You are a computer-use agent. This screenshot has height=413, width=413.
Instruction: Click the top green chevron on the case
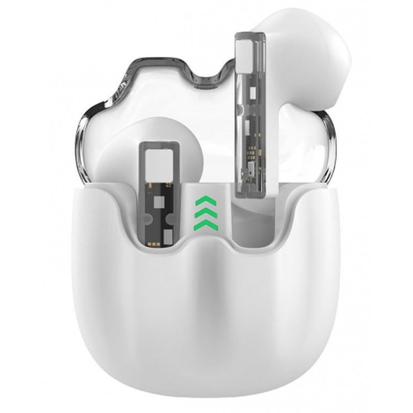click(x=202, y=200)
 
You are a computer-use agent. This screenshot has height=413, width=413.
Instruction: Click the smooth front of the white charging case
click(x=206, y=315)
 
